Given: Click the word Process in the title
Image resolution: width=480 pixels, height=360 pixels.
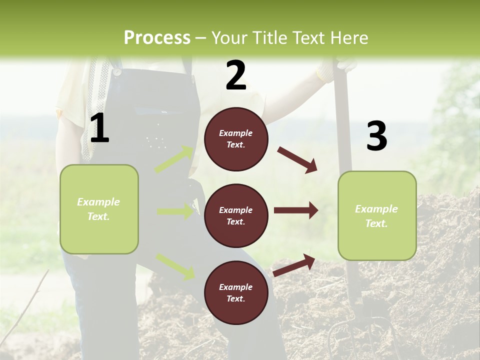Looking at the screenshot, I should pos(157,37).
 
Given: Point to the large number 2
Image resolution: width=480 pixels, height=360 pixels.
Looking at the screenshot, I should pos(236,76).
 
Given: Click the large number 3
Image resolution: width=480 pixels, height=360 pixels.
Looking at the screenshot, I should pos(376,136).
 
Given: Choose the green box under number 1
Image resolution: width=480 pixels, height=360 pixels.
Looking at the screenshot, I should pos(99,209).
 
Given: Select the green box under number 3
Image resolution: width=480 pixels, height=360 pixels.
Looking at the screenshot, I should pos(377,215).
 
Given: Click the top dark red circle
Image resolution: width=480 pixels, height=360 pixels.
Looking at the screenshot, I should pos(236,139).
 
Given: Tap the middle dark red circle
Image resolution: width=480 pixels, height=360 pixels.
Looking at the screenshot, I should pos(236,215).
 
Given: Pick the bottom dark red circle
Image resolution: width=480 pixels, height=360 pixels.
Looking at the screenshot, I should pos(236,292).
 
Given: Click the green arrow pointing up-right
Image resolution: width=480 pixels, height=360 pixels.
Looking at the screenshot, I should pos(174,159).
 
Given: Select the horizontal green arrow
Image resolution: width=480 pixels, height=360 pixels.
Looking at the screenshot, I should pos(175,211).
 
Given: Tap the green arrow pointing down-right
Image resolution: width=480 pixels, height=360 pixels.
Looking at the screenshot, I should pos(175,266).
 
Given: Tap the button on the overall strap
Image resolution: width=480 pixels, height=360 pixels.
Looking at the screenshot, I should pos(117,72).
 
